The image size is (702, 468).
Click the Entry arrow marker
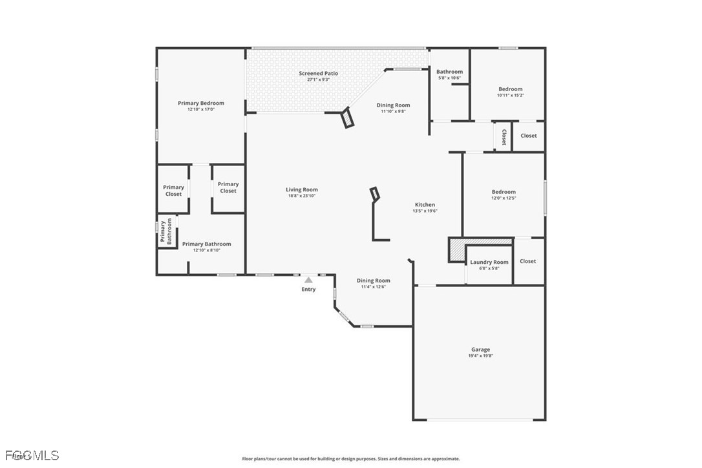[309, 280]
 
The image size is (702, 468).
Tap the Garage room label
[480, 350]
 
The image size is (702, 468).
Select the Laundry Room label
[489, 262]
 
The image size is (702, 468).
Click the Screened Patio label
[318, 74]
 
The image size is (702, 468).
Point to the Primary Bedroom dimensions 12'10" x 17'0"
[201, 109]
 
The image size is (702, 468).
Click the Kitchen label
[425, 205]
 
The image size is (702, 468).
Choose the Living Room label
[302, 190]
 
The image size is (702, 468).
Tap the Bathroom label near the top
[449, 72]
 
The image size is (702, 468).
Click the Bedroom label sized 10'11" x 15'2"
[510, 89]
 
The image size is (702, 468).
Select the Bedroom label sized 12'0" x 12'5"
[504, 192]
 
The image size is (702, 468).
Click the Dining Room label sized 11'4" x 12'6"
[374, 281]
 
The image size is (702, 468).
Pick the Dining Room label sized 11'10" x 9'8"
[393, 105]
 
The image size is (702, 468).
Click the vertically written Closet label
[504, 137]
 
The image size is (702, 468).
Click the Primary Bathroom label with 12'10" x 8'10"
[206, 244]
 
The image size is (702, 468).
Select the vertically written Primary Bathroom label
[166, 231]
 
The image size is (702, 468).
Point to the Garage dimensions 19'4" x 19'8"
[480, 356]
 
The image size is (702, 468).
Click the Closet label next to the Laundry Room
[528, 261]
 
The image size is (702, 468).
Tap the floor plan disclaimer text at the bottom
[351, 459]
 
